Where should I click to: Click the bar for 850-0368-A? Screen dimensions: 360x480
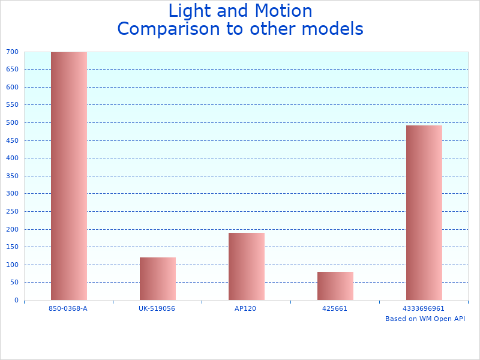(68, 176)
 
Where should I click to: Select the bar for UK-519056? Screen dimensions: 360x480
(157, 278)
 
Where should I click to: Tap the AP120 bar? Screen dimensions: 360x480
(246, 266)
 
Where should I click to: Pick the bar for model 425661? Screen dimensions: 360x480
(335, 286)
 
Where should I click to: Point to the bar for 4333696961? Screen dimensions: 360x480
(424, 212)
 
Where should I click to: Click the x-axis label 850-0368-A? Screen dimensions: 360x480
(68, 308)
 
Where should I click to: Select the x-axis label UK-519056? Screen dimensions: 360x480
(157, 308)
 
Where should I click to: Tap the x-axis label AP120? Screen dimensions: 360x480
(246, 308)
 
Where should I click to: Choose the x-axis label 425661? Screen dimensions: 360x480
(335, 308)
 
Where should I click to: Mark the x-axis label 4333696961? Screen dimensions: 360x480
(424, 308)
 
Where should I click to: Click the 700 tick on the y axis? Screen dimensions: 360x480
(13, 52)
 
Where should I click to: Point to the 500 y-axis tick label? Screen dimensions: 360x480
(13, 122)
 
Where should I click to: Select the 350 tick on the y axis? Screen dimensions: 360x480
(13, 176)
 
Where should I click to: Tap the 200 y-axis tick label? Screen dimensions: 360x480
(13, 229)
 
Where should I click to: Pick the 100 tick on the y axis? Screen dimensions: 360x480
(13, 265)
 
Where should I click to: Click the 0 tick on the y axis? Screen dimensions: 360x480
(17, 300)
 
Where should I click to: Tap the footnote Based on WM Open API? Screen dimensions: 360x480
(425, 319)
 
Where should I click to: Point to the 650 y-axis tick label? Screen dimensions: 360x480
(13, 69)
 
